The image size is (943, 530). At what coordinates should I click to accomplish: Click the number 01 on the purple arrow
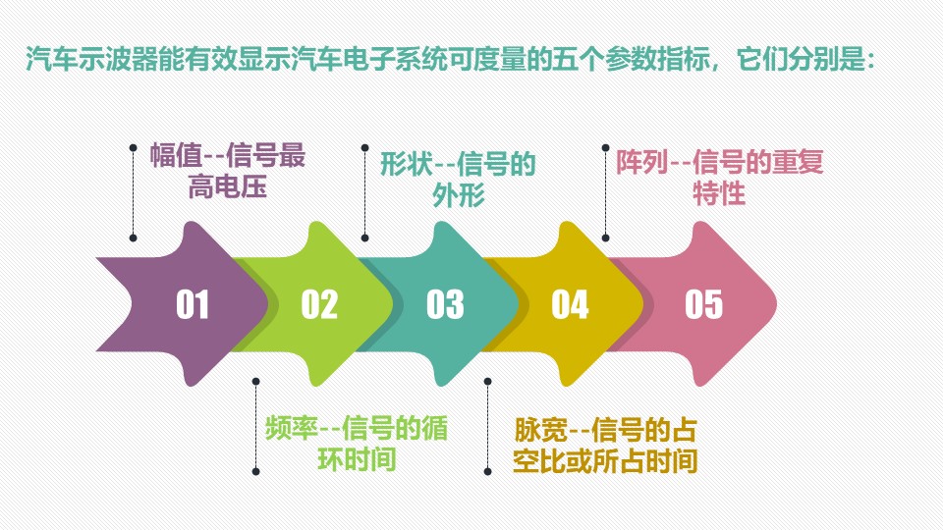pos(193,304)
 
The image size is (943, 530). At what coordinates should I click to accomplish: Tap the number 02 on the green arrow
pos(319,304)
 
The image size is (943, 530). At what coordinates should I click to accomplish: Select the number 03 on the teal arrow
pos(445,304)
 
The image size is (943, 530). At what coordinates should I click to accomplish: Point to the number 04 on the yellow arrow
pos(570,304)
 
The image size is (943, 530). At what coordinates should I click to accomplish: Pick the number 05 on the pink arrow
pos(703,304)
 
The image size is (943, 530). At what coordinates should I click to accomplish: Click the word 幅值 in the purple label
pos(176,155)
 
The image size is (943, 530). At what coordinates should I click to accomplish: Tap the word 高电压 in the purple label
pos(227,186)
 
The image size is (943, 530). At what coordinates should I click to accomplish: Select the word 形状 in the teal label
pos(406,164)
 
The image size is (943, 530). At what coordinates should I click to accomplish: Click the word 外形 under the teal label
pos(459,195)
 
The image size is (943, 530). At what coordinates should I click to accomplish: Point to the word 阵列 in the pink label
pos(641,162)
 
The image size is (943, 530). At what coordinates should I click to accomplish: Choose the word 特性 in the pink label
pos(719,193)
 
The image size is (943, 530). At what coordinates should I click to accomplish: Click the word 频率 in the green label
pos(291,429)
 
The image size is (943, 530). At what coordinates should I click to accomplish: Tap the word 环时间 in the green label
pos(357,459)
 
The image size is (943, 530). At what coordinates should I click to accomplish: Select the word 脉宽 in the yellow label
pos(540,430)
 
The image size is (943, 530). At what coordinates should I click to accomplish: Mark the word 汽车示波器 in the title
pos(91,60)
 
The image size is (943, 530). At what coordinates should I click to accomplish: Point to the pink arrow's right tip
pos(776,304)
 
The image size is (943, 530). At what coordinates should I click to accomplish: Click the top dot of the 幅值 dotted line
pos(133,147)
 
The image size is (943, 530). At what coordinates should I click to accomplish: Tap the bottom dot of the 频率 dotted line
pos(255,472)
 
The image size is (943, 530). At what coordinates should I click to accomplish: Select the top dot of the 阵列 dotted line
pos(606,147)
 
